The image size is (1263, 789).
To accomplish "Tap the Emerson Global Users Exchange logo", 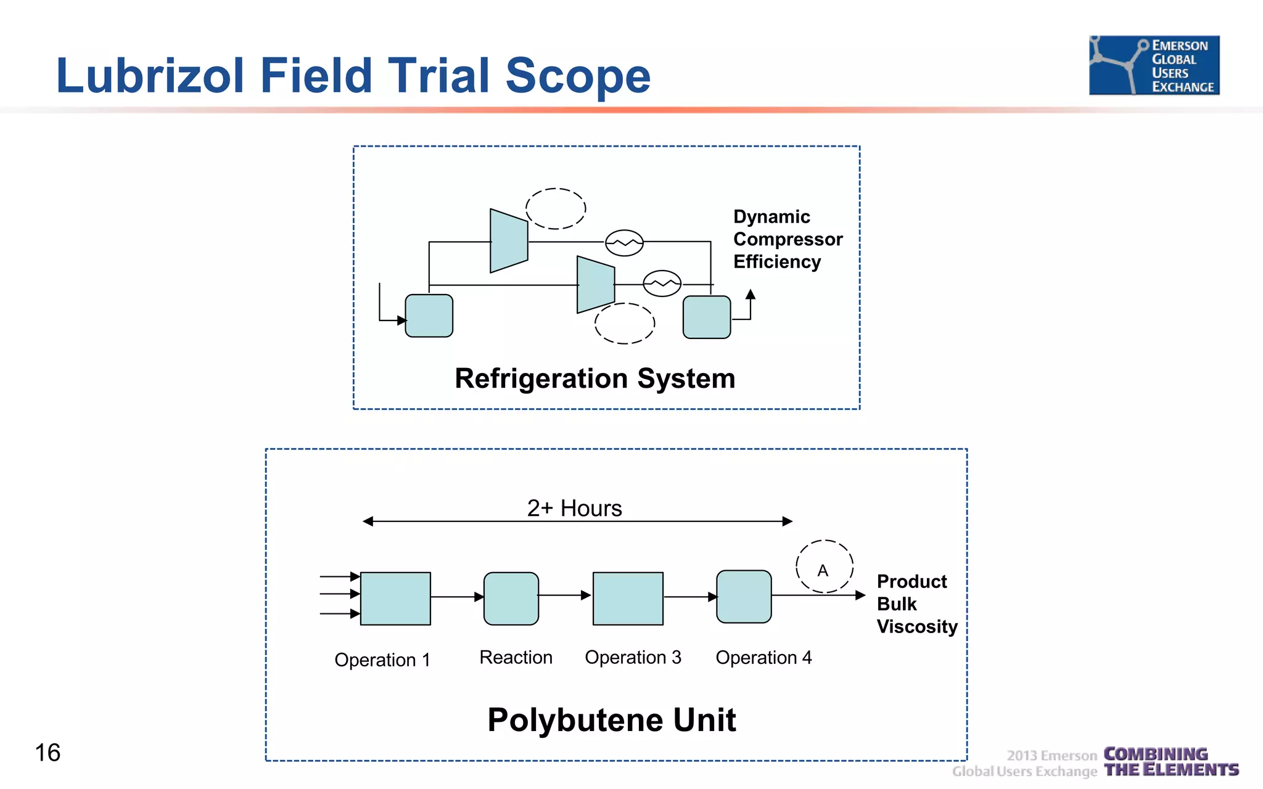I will point(1154,65).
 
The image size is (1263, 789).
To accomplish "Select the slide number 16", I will point(47,753).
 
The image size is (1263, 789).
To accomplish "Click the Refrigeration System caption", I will point(594,378).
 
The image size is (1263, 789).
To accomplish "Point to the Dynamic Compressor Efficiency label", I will point(787,239).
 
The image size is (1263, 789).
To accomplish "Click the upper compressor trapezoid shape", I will point(509,241).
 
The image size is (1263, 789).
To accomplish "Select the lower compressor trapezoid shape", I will point(596,285).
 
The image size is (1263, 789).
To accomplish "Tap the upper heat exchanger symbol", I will point(624,243).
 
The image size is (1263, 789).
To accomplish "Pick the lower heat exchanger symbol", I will point(662,284).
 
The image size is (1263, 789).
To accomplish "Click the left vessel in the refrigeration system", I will point(429,316).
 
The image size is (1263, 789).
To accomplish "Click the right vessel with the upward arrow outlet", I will point(707,317).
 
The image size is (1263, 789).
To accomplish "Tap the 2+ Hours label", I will point(574,509).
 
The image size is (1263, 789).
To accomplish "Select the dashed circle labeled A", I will point(824,567).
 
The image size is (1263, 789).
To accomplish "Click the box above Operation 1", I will point(395,599).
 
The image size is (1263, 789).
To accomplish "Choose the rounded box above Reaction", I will point(511,599).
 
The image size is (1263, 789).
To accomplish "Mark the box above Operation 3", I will point(628,599).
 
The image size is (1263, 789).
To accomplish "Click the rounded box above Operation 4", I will point(744,597).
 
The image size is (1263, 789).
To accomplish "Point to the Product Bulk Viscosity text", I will point(916,604).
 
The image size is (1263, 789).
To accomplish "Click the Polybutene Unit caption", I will point(611,720).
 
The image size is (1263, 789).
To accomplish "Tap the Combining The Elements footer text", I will point(1170,762).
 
